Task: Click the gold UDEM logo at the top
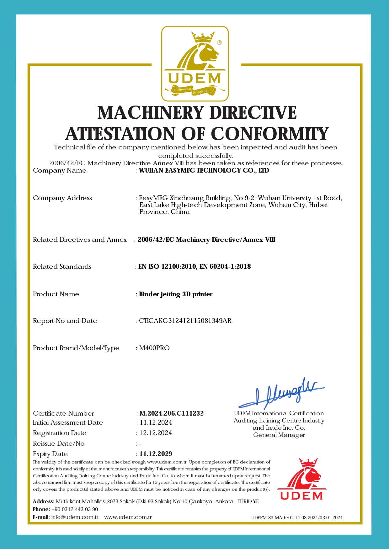(x=195, y=64)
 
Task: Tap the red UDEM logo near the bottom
(x=302, y=479)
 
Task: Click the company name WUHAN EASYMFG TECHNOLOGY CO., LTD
(x=204, y=170)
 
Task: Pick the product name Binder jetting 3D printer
(x=176, y=294)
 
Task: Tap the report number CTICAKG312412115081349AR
(x=185, y=321)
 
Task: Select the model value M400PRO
(x=154, y=348)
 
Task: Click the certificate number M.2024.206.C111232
(x=172, y=413)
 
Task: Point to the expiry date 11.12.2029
(x=156, y=454)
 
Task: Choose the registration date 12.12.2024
(x=156, y=433)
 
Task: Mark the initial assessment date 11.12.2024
(x=156, y=422)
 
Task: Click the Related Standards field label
(x=62, y=267)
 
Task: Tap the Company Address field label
(x=62, y=198)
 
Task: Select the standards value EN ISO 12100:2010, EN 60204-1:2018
(x=194, y=267)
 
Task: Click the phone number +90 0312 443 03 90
(x=75, y=509)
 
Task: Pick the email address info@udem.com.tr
(x=75, y=517)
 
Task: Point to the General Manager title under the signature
(x=279, y=435)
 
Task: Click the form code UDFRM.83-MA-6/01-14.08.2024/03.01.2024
(x=297, y=518)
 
